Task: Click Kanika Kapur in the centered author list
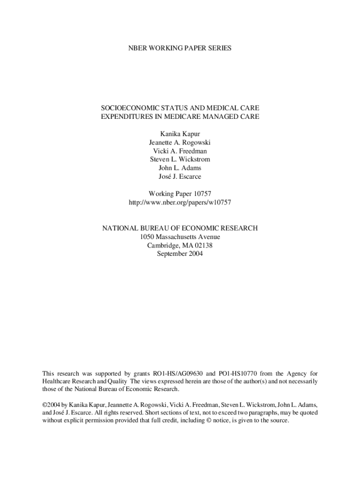tap(180, 134)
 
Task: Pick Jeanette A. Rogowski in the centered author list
tap(180, 143)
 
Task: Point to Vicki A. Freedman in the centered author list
tap(180, 151)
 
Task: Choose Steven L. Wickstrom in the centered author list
tap(180, 160)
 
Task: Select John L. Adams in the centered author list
tap(180, 168)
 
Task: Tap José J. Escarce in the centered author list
tap(180, 176)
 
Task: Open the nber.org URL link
tap(180, 202)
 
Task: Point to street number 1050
tap(148, 237)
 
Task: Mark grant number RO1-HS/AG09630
tap(178, 373)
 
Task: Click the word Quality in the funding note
tap(116, 381)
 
